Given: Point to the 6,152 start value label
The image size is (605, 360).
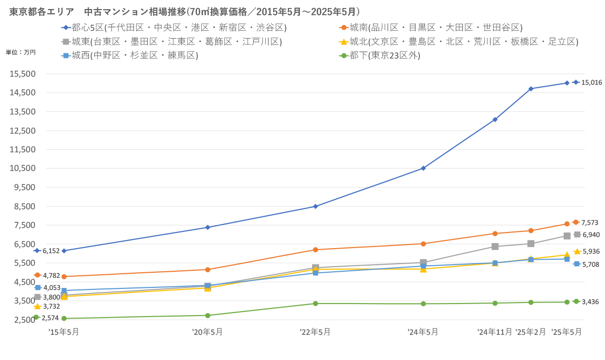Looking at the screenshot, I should coord(51,251).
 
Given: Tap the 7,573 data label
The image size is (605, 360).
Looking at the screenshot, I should coord(589,222).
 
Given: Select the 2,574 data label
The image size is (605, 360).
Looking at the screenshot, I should coord(50,318).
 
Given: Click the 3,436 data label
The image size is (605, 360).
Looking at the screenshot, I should coord(590,302).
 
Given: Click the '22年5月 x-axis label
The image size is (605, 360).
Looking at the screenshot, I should coord(315,332).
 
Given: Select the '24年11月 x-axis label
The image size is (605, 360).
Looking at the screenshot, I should coord(495,332).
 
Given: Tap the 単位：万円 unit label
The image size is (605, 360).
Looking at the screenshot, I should coord(21,52).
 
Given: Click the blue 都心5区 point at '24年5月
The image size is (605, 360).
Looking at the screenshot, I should coord(423,168).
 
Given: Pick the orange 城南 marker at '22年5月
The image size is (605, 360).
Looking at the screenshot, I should coord(316,250).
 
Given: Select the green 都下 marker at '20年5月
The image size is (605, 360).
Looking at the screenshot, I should coord(208,316).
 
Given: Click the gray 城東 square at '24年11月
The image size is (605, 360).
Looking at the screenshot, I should coord(495,247).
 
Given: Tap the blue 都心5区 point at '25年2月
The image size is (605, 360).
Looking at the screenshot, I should coord(531,89).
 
